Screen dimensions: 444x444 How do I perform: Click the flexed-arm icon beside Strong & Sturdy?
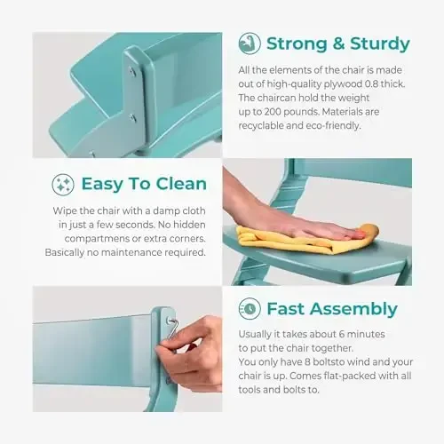click(x=250, y=44)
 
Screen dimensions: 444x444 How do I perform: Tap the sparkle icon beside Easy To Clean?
click(x=63, y=185)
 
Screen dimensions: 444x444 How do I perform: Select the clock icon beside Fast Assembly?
click(x=250, y=309)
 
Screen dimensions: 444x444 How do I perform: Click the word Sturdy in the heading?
click(x=380, y=44)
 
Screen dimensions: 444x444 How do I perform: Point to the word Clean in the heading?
click(x=181, y=184)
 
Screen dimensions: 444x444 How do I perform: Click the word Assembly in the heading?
click(x=353, y=310)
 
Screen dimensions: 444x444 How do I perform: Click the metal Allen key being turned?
click(x=171, y=329)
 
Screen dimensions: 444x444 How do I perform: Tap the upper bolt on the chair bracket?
click(x=132, y=70)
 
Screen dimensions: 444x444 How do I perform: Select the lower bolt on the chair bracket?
click(x=132, y=118)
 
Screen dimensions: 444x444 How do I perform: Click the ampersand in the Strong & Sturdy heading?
click(x=338, y=44)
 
